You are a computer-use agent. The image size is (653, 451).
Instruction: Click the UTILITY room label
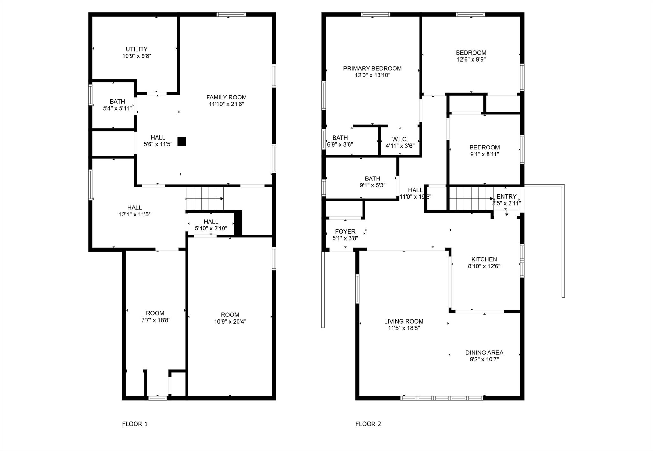click(x=136, y=49)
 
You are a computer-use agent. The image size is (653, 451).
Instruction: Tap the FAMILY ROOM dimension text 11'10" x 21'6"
click(x=226, y=104)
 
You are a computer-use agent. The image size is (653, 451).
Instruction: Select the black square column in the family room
click(x=181, y=141)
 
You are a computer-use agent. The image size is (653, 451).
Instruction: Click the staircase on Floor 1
click(x=205, y=199)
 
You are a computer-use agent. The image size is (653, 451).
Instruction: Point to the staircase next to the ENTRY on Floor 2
click(x=471, y=199)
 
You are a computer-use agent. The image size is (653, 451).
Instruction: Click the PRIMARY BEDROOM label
click(x=372, y=69)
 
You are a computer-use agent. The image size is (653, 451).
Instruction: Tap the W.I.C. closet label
click(x=400, y=139)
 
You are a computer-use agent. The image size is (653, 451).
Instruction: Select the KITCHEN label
click(x=484, y=259)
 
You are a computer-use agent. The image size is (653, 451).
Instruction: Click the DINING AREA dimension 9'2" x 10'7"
click(x=484, y=360)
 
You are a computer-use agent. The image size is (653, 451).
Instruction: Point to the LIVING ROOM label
click(x=404, y=321)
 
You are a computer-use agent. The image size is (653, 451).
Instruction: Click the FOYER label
click(x=345, y=232)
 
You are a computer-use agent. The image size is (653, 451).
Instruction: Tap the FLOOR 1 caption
click(x=135, y=424)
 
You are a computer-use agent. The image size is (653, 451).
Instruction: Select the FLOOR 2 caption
click(x=368, y=424)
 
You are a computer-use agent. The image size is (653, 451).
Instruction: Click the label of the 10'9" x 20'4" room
click(x=230, y=315)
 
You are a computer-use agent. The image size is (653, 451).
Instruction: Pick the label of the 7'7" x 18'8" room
click(x=155, y=313)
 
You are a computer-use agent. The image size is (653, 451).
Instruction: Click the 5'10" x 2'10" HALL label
click(x=211, y=222)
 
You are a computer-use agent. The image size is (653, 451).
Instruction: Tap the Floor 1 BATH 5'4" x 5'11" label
click(x=117, y=102)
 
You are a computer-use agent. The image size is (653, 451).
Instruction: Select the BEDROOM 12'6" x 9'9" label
click(x=471, y=53)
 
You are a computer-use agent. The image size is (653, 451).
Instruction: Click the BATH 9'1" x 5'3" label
click(x=372, y=179)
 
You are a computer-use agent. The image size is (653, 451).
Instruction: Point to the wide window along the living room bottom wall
click(x=442, y=398)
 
